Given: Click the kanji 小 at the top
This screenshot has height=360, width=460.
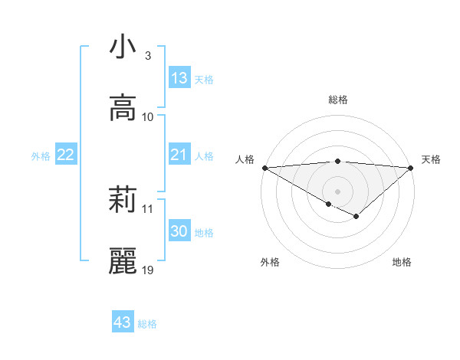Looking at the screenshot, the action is (123, 47).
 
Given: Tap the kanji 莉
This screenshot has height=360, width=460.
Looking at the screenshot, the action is (123, 201).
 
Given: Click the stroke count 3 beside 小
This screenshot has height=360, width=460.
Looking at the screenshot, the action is (147, 56).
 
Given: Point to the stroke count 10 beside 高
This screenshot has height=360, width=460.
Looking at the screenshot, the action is (148, 116).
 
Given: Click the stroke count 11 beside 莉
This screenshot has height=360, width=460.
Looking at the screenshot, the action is (148, 208).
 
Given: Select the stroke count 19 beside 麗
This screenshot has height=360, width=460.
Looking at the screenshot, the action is (148, 270).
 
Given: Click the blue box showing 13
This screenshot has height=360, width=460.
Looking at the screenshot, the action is (179, 78).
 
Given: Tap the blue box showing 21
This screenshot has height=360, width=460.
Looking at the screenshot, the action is (179, 155).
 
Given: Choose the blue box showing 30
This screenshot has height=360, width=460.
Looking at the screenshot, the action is (179, 232).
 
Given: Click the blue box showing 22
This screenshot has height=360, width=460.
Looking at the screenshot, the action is (66, 155).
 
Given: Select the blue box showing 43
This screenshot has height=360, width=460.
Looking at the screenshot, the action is (123, 322).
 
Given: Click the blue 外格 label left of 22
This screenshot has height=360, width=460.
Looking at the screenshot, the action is (41, 156).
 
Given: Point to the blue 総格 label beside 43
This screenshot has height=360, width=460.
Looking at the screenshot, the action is (147, 324).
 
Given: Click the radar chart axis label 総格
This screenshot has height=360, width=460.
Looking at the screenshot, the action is (337, 100).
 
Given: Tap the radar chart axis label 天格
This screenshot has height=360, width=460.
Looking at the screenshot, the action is (431, 159).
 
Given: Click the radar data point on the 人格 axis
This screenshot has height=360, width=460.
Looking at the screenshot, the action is (264, 168).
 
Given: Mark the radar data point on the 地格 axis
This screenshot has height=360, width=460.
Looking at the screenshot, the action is (356, 218).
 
